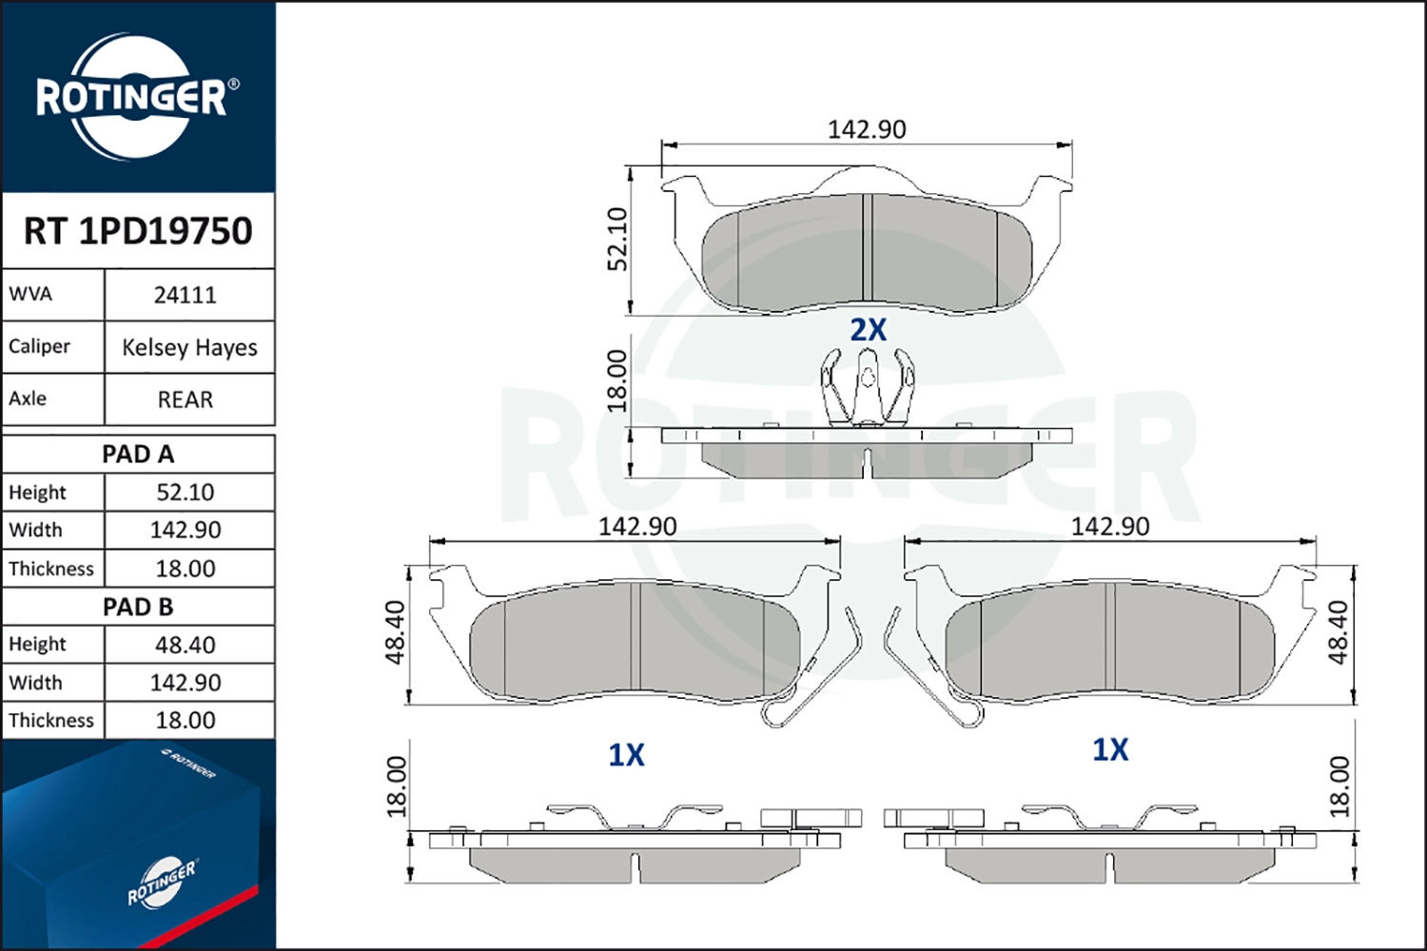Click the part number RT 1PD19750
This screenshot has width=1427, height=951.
coord(138,230)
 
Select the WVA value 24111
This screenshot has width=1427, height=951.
coord(185,295)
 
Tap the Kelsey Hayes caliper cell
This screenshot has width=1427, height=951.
coord(189,347)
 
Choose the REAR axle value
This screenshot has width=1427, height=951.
coord(185,399)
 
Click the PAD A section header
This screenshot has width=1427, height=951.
coord(138,455)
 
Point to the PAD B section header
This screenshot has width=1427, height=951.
coord(138,607)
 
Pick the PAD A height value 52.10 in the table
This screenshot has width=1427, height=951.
coord(186,492)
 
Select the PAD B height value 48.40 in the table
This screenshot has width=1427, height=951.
coord(186,645)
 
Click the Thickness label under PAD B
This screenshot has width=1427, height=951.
coord(51,720)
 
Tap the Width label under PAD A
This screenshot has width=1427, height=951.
coord(36,530)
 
